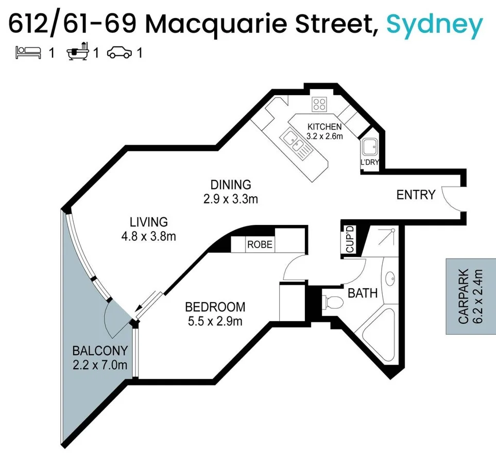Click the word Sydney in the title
point(434,24)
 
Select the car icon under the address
point(119,53)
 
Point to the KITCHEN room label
point(324,127)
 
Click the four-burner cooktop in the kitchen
point(319,105)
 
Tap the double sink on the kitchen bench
point(295,142)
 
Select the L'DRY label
point(370,163)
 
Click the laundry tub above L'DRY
point(370,148)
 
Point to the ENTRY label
point(416,195)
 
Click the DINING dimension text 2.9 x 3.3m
point(231,198)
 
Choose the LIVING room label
point(149,222)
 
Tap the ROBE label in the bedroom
point(260,245)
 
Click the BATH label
point(363,293)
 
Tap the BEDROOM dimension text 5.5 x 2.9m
point(215,322)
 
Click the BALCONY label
point(100,351)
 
